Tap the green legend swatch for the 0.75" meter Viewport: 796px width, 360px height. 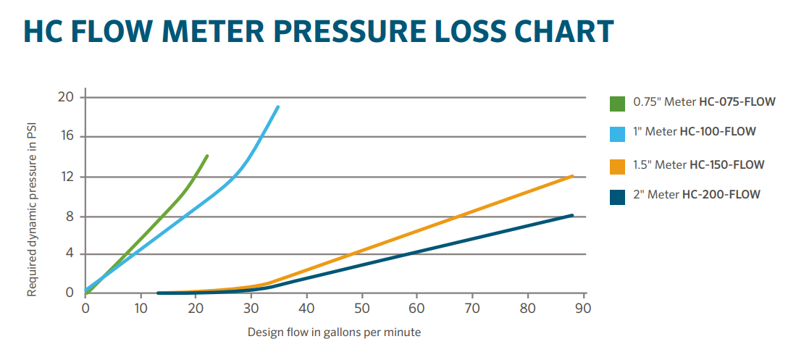click(618, 103)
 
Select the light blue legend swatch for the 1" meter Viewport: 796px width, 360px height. click(618, 133)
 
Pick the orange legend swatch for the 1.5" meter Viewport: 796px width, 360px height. click(618, 166)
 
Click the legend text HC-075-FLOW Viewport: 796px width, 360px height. click(737, 102)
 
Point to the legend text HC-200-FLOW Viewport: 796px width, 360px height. click(721, 194)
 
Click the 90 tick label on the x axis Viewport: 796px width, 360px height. click(583, 308)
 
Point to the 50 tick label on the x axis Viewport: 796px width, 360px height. click(361, 308)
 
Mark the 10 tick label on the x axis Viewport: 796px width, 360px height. click(140, 308)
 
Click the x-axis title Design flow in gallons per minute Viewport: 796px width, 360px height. click(334, 332)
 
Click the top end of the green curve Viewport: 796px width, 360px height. click(207, 156)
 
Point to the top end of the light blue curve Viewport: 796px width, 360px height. click(277, 107)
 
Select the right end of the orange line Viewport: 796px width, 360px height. click(572, 176)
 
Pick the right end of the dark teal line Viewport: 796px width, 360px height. click(572, 215)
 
